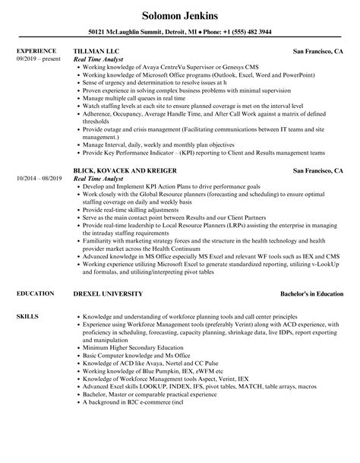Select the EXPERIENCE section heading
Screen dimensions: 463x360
pos(34,52)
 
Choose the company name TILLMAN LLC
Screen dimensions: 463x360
pos(96,52)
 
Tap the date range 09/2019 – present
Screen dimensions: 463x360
pos(37,59)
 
